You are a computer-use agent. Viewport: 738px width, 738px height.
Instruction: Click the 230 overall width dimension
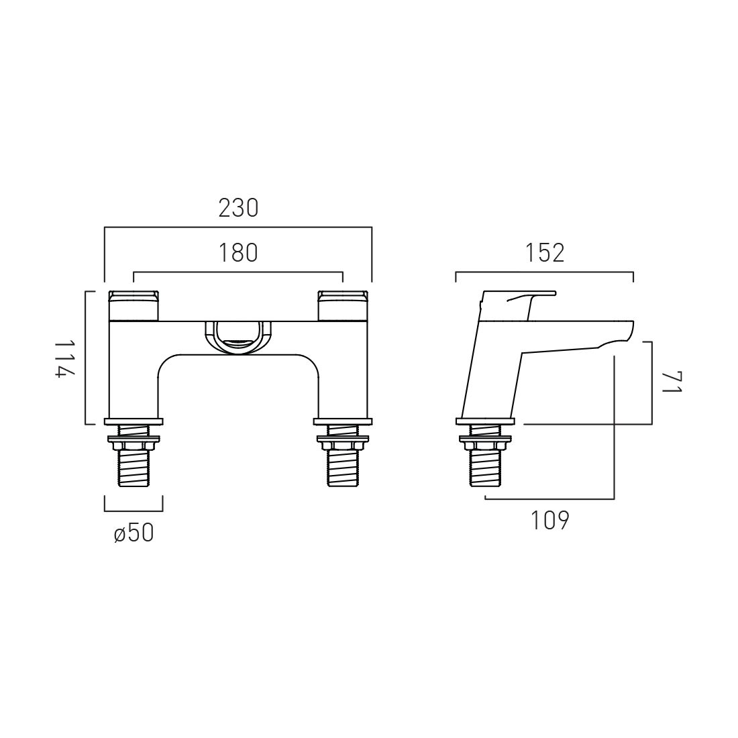[x=238, y=209]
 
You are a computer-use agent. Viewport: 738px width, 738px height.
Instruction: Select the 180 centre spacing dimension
[x=238, y=253]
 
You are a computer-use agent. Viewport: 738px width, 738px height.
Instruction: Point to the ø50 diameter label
[x=134, y=533]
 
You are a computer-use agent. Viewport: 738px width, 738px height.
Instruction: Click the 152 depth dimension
[x=544, y=253]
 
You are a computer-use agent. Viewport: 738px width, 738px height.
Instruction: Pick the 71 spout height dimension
[x=671, y=382]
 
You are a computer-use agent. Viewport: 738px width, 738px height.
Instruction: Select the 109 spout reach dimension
[x=549, y=520]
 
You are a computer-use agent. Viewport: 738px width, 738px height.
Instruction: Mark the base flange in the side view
[x=485, y=421]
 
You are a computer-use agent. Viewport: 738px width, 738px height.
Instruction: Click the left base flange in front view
[x=134, y=421]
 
